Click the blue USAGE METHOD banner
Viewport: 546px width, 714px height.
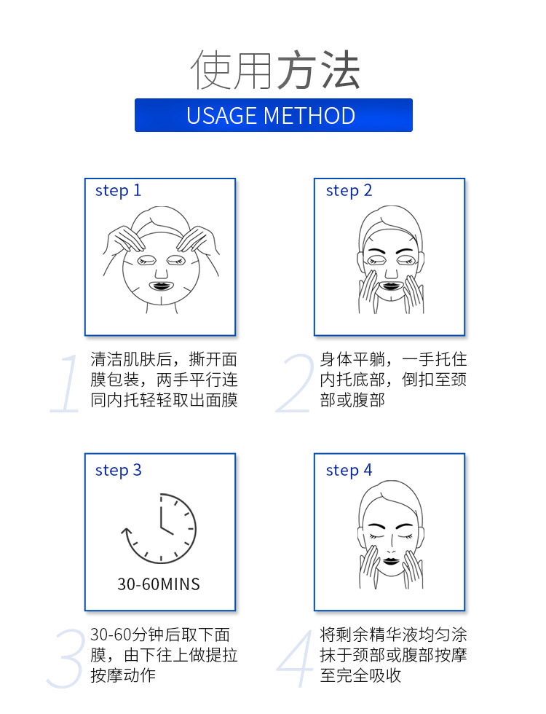274,115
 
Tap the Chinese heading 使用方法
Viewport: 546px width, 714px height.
275,70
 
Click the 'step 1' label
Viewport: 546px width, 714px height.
118,190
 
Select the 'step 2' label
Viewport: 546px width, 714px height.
349,190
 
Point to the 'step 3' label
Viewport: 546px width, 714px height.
118,470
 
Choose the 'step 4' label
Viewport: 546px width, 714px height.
349,470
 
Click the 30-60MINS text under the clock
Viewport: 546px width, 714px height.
159,584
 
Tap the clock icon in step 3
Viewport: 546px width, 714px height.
159,529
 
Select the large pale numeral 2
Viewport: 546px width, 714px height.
296,383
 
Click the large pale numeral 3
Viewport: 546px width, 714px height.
66,659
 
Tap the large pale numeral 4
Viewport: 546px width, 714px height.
295,659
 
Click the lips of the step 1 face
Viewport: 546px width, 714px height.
161,286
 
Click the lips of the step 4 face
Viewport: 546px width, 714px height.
392,560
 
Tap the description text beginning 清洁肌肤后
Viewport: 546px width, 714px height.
164,380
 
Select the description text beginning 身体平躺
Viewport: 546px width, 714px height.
393,380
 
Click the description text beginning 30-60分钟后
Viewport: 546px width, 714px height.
164,655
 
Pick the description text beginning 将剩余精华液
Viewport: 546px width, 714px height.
393,655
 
